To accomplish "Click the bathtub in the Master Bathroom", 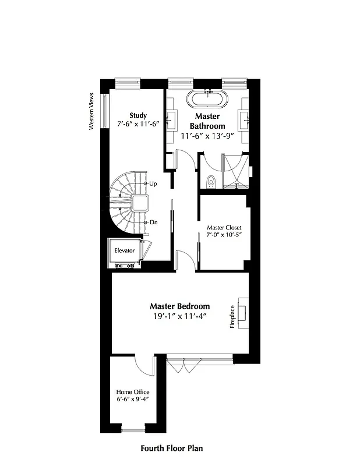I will [207, 98].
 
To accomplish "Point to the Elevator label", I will [125, 250].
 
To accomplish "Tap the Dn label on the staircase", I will [153, 222].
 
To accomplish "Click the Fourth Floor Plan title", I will [172, 449].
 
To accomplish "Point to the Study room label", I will [138, 115].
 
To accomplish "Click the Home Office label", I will [133, 392].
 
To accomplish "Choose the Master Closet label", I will [224, 227].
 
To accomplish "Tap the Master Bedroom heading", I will [180, 306].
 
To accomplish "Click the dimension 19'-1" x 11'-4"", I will [180, 316].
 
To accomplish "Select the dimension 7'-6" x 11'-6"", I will [139, 123].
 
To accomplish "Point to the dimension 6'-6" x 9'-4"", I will [133, 400].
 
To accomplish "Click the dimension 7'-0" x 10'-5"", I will [224, 235].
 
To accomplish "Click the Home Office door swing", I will [142, 364].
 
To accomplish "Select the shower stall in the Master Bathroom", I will [235, 170].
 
